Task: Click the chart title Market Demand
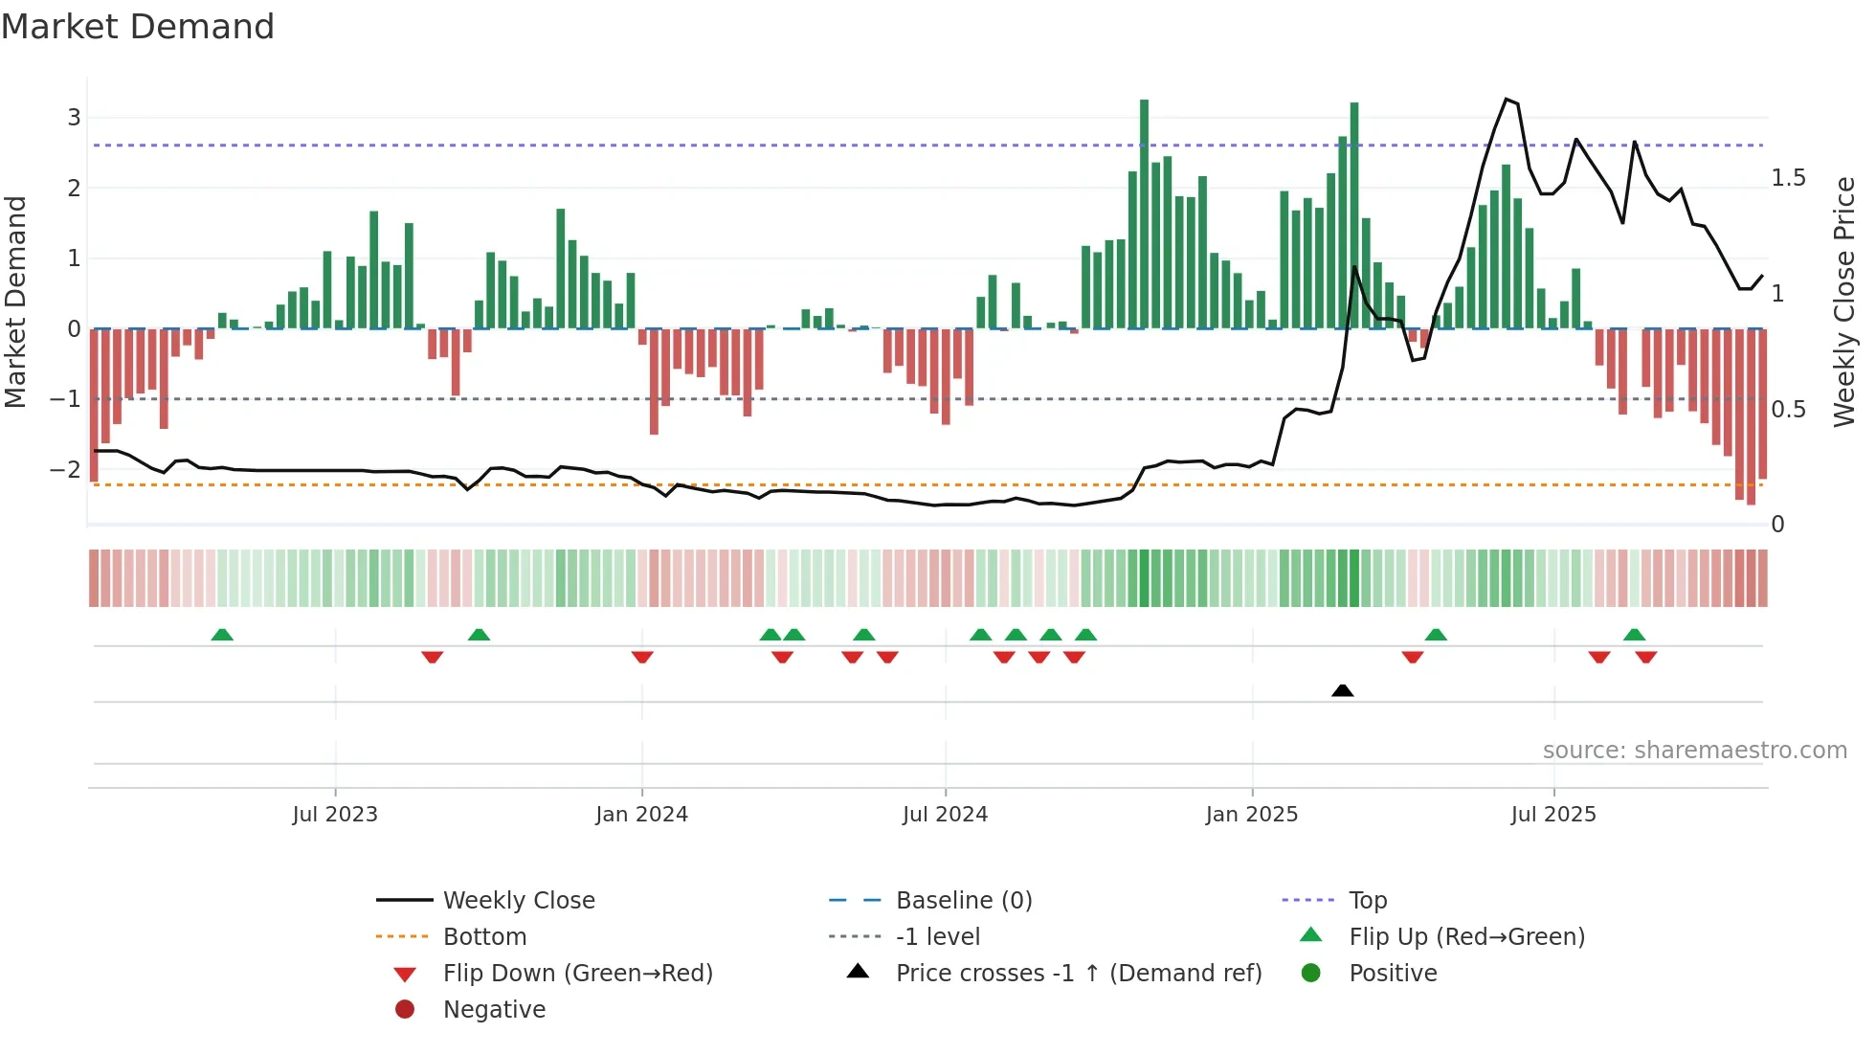coord(138,27)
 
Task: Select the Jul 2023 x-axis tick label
coord(335,815)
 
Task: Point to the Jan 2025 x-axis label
coord(1251,815)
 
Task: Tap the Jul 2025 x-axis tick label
coord(1553,815)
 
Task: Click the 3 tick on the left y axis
coord(74,118)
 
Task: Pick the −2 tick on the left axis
coord(65,469)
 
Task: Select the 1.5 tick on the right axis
coord(1788,178)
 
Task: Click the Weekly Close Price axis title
coord(1843,302)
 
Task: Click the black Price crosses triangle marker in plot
coord(1342,690)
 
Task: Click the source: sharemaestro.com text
coord(1694,751)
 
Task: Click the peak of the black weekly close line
coord(1507,100)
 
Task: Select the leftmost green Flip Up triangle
coord(222,635)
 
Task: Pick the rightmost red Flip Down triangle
coord(1646,657)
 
